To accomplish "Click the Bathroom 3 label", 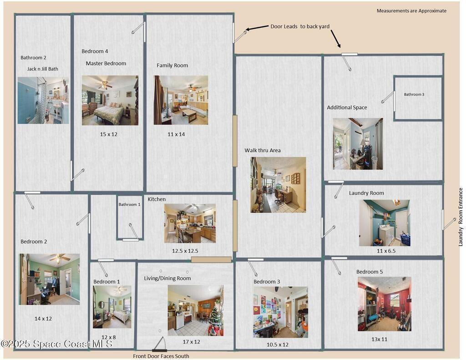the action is (414, 95).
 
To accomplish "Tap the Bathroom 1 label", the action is (130, 204).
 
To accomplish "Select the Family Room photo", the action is (181, 100).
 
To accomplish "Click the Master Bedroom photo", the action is (110, 100).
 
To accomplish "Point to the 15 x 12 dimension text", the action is (109, 134).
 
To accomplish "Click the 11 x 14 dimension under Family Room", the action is (176, 134).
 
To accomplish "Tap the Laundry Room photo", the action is (385, 223).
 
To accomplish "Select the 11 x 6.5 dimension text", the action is (386, 251).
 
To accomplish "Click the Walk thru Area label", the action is (263, 151).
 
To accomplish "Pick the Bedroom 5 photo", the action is (385, 304).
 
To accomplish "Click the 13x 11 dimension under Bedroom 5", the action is (379, 339).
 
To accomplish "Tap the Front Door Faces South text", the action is (161, 356).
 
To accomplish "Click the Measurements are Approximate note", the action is (411, 11).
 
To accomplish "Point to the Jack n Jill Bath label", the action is (43, 69).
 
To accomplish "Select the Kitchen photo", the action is (190, 223).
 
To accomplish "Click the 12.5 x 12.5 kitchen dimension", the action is (185, 251).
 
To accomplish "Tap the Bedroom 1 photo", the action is (112, 307).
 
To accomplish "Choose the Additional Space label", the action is (347, 107).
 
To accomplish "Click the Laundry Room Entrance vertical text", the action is (461, 217).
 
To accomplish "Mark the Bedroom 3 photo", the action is (280, 312).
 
